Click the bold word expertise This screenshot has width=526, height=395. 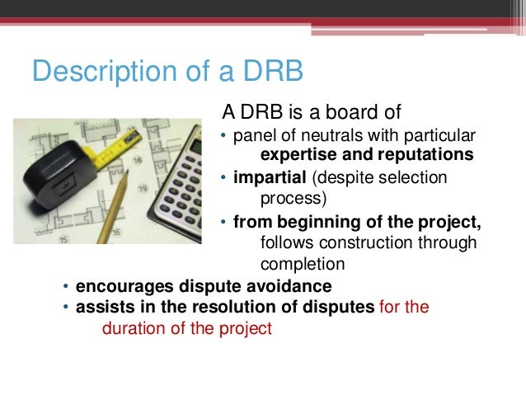298,155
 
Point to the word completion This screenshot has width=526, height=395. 302,265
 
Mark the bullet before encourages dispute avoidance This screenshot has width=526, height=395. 67,287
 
